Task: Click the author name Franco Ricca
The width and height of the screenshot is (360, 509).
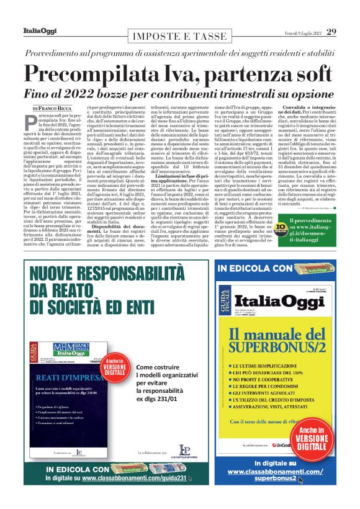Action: click(x=59, y=109)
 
